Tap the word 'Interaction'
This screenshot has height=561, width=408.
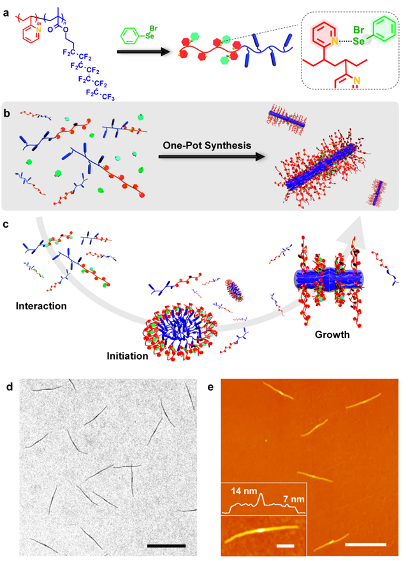41,306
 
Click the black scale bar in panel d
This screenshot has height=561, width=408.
166,546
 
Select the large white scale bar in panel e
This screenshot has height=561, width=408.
366,544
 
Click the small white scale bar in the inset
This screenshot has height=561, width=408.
286,546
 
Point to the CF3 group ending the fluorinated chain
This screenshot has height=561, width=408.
106,96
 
